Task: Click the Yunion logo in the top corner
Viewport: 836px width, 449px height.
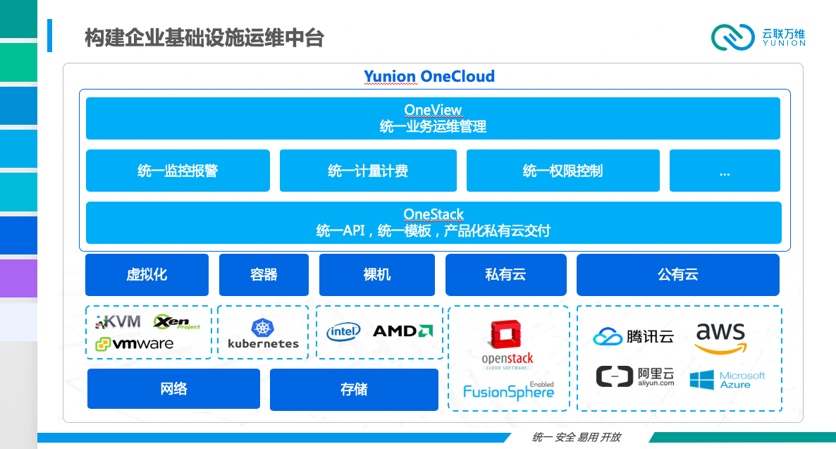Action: pyautogui.click(x=758, y=37)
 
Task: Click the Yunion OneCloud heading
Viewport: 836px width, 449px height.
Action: pyautogui.click(x=429, y=76)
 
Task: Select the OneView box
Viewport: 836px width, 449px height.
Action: pyautogui.click(x=433, y=118)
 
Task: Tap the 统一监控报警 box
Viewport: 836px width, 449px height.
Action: pyautogui.click(x=178, y=171)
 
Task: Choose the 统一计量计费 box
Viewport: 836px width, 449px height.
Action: pyautogui.click(x=368, y=171)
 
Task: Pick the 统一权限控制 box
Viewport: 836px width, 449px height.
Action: pyautogui.click(x=563, y=171)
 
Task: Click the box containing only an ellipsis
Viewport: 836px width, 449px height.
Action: pyautogui.click(x=725, y=171)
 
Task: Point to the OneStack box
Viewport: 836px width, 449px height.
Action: pyautogui.click(x=434, y=222)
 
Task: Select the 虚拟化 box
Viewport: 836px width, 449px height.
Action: pyautogui.click(x=147, y=275)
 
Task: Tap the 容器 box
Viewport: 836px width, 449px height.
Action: pyautogui.click(x=264, y=275)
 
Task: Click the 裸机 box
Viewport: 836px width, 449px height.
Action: pyautogui.click(x=377, y=275)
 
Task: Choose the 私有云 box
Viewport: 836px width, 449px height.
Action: pyautogui.click(x=506, y=275)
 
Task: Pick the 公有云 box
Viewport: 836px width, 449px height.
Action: pyautogui.click(x=677, y=275)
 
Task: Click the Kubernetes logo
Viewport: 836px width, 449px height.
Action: pyautogui.click(x=263, y=334)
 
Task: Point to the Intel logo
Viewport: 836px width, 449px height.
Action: pyautogui.click(x=343, y=332)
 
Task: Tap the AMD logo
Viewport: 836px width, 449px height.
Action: pyautogui.click(x=403, y=331)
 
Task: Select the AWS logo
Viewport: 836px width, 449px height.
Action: pyautogui.click(x=721, y=338)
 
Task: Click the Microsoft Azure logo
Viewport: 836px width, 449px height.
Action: pyautogui.click(x=727, y=380)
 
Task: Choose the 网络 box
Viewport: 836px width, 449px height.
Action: pyautogui.click(x=174, y=389)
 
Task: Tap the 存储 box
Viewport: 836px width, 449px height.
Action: pyautogui.click(x=354, y=390)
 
